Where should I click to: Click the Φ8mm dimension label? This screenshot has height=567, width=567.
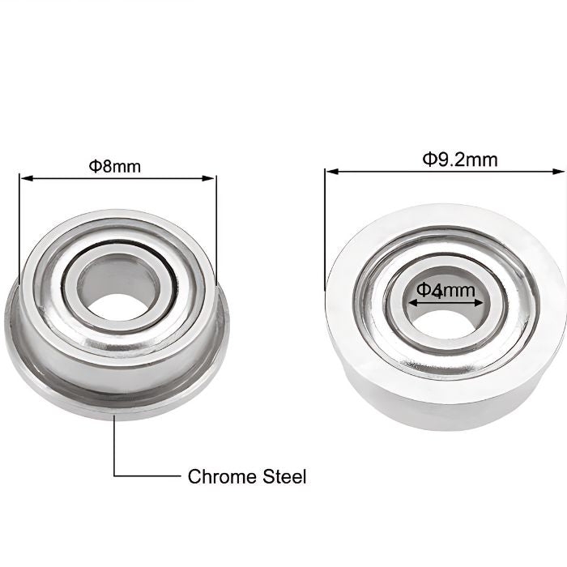[x=114, y=166]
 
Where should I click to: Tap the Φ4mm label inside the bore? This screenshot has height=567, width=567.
[x=445, y=290]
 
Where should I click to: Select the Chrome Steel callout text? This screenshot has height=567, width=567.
[x=247, y=476]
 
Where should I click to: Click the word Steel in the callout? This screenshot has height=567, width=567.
[x=284, y=476]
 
